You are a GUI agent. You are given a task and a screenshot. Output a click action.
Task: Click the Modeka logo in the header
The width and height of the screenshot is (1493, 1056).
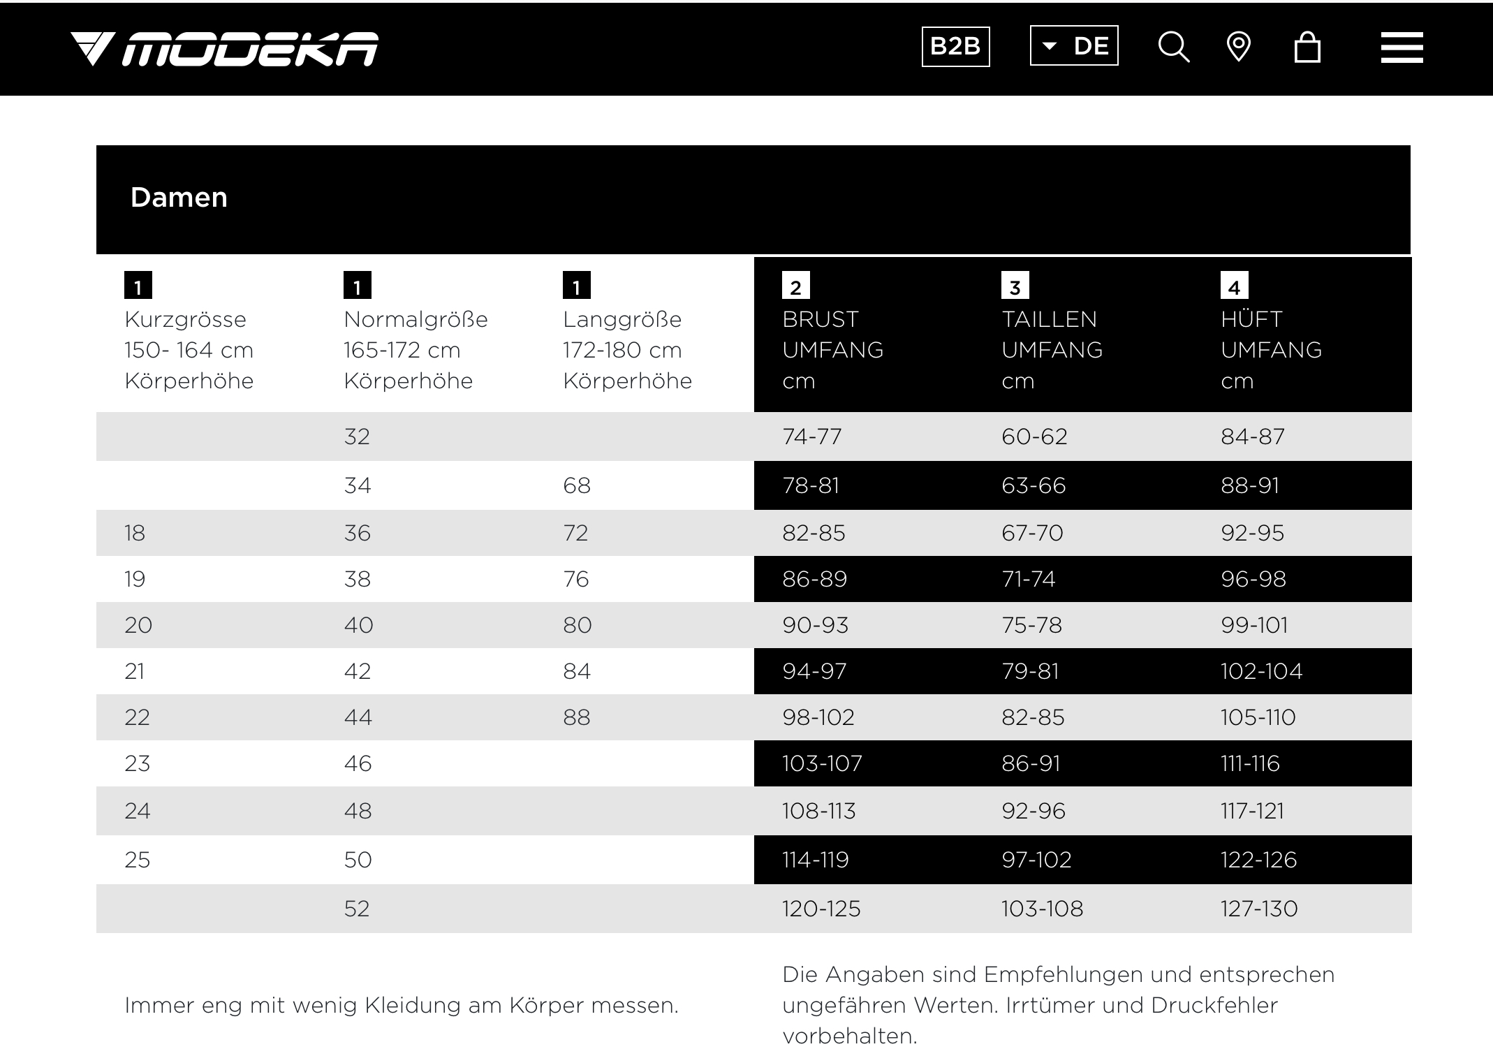(x=224, y=49)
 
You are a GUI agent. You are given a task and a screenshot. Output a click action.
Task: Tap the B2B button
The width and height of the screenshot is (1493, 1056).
(x=955, y=46)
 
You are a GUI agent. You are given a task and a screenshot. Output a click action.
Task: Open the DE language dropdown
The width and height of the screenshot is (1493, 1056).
(x=1074, y=46)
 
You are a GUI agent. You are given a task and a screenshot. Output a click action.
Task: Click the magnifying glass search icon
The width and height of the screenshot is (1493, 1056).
(x=1173, y=47)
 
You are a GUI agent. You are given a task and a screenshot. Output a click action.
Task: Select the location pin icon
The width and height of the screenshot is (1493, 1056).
(x=1238, y=47)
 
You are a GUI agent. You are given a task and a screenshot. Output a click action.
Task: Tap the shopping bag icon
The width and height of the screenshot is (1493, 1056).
(x=1307, y=47)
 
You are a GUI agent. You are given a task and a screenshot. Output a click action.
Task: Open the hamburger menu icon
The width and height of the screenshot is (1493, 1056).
(x=1402, y=47)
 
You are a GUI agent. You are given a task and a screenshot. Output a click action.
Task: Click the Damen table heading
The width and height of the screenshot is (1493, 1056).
(x=179, y=198)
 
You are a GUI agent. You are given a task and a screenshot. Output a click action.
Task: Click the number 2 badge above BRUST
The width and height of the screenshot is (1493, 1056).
(x=795, y=286)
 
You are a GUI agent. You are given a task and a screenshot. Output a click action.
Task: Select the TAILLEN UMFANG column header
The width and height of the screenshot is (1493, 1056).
(x=1052, y=335)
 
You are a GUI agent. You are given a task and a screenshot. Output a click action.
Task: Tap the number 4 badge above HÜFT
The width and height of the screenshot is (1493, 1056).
(x=1234, y=286)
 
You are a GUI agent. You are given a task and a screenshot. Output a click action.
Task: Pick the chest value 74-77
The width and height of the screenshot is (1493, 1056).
(x=811, y=437)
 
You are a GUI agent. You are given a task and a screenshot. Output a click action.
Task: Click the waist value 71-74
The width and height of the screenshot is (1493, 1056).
(x=1028, y=579)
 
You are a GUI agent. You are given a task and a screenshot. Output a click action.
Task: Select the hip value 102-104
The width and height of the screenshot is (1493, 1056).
(x=1261, y=671)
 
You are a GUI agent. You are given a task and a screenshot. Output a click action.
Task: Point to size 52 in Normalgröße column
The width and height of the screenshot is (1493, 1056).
(x=356, y=909)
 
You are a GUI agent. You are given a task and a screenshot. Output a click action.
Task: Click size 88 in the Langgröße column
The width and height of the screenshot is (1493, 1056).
(x=576, y=717)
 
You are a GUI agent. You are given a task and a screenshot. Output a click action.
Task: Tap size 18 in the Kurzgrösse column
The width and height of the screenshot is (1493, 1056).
(x=135, y=533)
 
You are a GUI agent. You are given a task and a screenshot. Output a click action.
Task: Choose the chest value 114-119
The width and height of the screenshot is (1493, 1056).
(x=815, y=860)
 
